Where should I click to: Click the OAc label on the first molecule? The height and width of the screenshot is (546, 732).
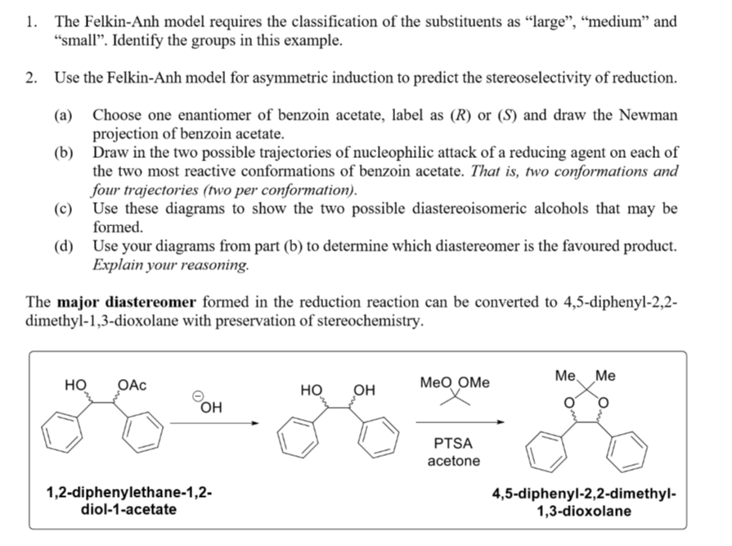tap(132, 385)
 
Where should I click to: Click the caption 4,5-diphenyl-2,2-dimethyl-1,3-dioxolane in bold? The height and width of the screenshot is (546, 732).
tap(583, 502)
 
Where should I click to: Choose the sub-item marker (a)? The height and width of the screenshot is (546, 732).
tap(65, 115)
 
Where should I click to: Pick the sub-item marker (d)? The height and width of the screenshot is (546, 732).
tap(65, 246)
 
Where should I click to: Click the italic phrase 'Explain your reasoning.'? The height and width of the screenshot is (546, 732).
tap(171, 265)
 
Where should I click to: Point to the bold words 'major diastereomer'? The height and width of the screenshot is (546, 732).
tap(126, 302)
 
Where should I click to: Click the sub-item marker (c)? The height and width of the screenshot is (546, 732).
tap(65, 209)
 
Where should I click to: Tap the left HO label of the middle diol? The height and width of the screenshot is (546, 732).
tap(312, 390)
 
